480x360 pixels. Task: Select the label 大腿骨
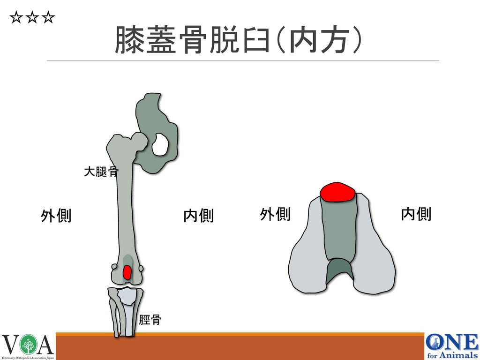tap(100, 172)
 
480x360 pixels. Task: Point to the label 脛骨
tap(150, 320)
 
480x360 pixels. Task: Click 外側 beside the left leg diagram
tap(56, 216)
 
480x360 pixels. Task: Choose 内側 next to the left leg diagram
tap(198, 216)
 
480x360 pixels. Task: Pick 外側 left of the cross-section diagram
tap(275, 215)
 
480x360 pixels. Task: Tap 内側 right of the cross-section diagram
tap(416, 215)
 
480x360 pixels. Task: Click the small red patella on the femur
tap(127, 272)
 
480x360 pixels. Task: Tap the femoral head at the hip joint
tap(139, 140)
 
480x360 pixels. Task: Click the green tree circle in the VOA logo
tap(29, 346)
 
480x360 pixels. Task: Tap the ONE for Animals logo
tap(451, 346)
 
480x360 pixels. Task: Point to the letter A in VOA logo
tap(45, 346)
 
